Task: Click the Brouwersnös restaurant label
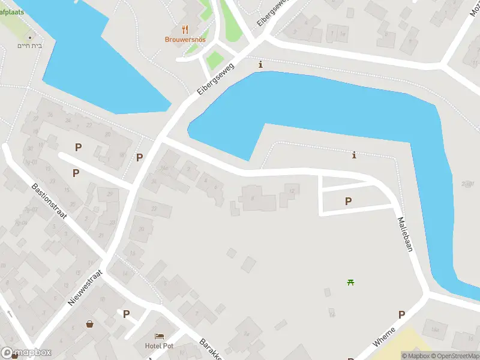[x=185, y=40]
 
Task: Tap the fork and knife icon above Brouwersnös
[x=185, y=29]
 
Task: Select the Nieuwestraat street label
[x=85, y=287]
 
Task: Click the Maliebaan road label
[x=405, y=233]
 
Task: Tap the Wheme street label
[x=384, y=337]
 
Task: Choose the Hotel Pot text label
[x=158, y=346]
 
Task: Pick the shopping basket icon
[x=90, y=324]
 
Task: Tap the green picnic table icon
[x=350, y=282]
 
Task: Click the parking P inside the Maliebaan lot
[x=348, y=202]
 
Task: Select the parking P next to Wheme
[x=401, y=314]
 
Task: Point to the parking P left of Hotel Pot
[x=126, y=314]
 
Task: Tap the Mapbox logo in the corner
[x=26, y=353]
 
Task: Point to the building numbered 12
[x=291, y=191]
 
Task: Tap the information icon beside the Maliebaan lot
[x=354, y=155]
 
